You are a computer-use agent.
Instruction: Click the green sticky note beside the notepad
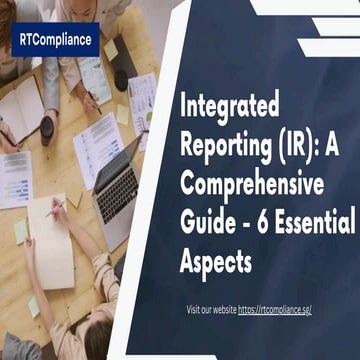pos(19,230)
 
